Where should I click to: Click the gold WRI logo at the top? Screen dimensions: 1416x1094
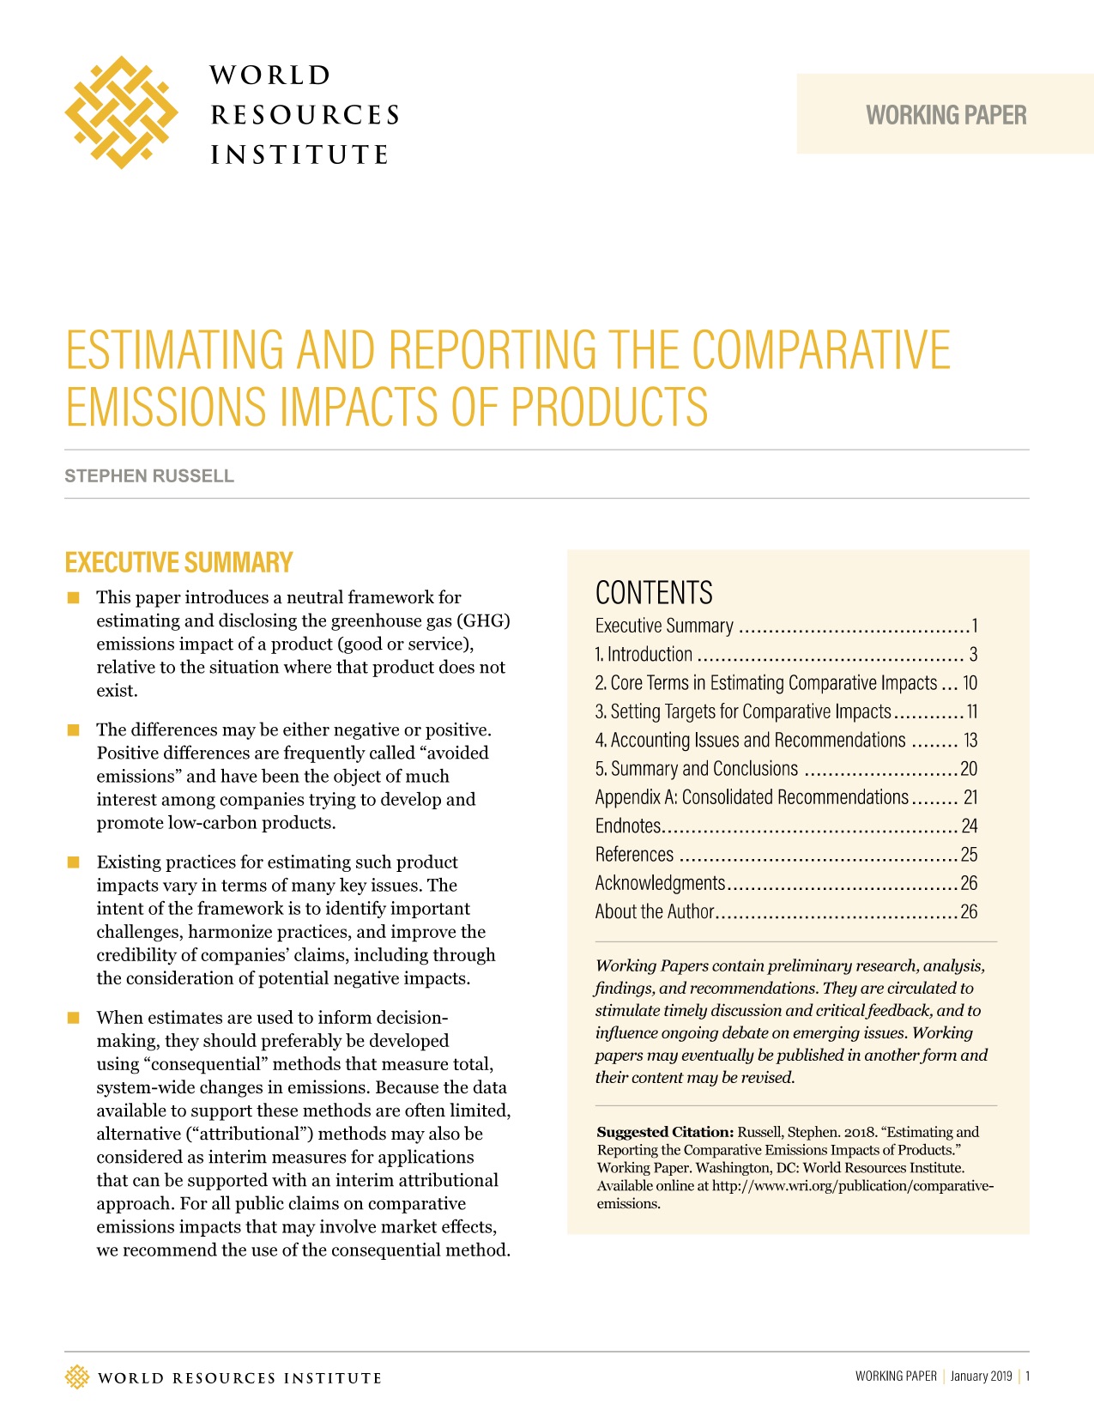click(121, 112)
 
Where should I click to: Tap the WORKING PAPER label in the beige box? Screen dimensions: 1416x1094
click(946, 115)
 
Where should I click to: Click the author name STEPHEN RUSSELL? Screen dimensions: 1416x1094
click(149, 476)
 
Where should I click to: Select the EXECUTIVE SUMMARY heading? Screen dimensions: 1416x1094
click(179, 563)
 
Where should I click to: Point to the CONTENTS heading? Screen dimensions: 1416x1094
click(654, 593)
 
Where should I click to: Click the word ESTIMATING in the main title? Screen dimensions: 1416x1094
click(175, 350)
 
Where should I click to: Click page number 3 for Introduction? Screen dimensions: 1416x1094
click(973, 655)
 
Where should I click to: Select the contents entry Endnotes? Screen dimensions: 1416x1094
click(628, 826)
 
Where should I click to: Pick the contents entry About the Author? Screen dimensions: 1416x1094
click(655, 912)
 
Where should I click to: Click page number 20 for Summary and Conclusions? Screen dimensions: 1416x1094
click(969, 769)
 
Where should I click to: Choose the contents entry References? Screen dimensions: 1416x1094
click(635, 855)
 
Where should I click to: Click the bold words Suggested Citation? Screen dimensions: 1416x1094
click(665, 1132)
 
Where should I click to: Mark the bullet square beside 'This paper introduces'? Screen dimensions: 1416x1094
click(74, 597)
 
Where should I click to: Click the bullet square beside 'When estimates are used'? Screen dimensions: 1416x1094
click(74, 1018)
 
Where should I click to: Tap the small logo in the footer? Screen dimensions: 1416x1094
click(77, 1377)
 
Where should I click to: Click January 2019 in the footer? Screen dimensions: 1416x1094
click(981, 1377)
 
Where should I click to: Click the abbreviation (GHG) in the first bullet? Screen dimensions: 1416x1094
click(485, 620)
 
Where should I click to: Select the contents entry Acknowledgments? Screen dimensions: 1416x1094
click(660, 884)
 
